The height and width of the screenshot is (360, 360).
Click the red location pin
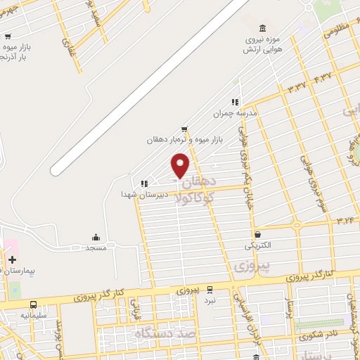pos(181,165)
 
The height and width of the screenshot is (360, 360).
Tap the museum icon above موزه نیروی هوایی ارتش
pos(262,28)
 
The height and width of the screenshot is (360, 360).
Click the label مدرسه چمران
pos(236,112)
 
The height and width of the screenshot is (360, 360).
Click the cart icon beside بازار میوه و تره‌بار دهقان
pos(184,129)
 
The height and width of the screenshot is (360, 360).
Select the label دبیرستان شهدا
pos(136,193)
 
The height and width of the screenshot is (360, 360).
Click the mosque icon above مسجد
pos(96,237)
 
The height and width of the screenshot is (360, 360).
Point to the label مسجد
pos(96,248)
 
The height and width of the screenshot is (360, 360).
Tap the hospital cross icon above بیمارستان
pos(12,259)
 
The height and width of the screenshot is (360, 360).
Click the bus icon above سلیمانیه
pos(34,305)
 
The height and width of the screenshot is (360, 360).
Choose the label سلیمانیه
pos(33,316)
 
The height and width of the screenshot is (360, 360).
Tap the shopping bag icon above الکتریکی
pos(257,235)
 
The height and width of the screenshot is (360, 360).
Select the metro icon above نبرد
pos(208,289)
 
